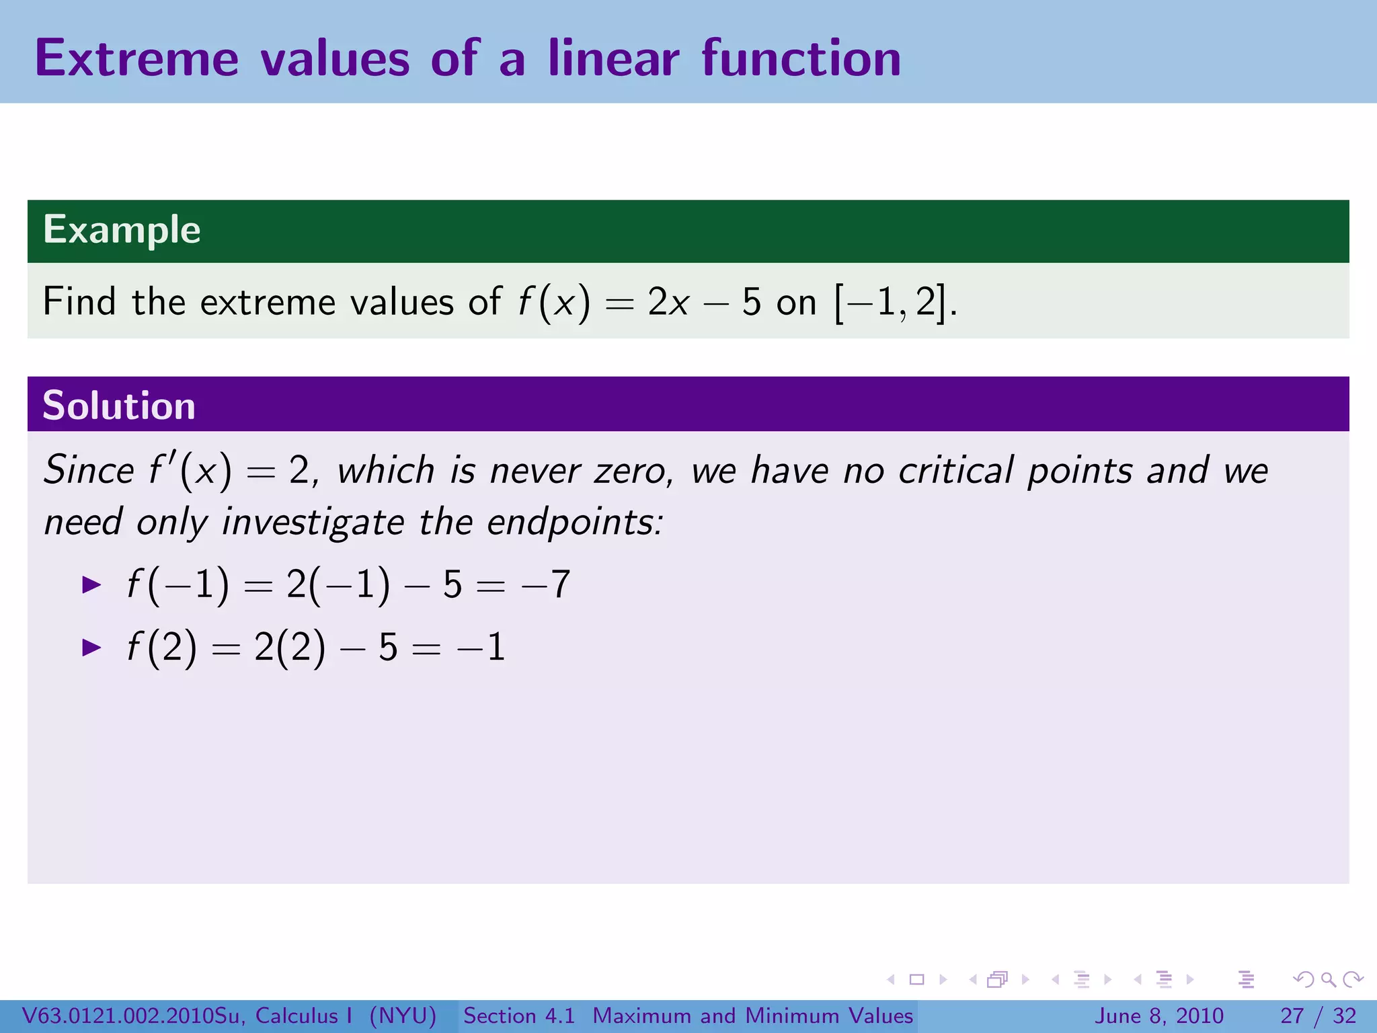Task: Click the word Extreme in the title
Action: tap(136, 59)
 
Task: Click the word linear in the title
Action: tap(613, 59)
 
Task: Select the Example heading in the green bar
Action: tap(122, 230)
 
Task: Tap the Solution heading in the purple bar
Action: tap(119, 406)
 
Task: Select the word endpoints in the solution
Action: tap(574, 522)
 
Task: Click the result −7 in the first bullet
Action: tap(546, 584)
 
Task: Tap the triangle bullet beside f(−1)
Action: tap(91, 584)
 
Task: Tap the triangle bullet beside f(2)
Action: tap(91, 648)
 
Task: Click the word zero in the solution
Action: tap(633, 471)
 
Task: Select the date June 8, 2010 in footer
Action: tap(1159, 1016)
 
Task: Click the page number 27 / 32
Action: tap(1318, 1016)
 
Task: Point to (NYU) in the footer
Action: tap(403, 1016)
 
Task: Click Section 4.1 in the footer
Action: tap(519, 1016)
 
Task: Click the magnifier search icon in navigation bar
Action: tap(1328, 980)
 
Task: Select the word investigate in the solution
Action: tap(313, 523)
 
